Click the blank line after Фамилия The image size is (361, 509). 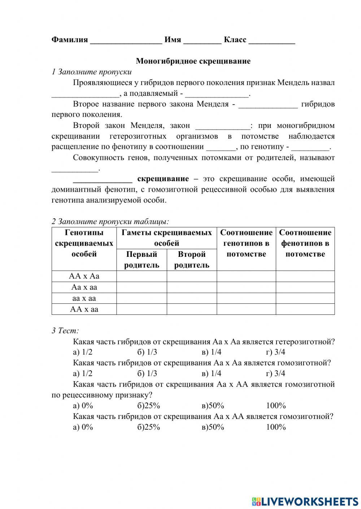pyautogui.click(x=126, y=40)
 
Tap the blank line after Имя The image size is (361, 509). pyautogui.click(x=202, y=40)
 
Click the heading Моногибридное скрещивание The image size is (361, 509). pyautogui.click(x=193, y=61)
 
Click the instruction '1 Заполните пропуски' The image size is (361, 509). pyautogui.click(x=92, y=72)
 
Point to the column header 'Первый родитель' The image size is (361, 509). pyautogui.click(x=142, y=260)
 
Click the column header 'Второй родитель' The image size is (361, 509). pyautogui.click(x=192, y=260)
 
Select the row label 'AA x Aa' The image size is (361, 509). pyautogui.click(x=84, y=276)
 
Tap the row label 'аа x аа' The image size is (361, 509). pyautogui.click(x=84, y=298)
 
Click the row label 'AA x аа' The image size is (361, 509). pyautogui.click(x=84, y=309)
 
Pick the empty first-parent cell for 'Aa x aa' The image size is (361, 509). pyautogui.click(x=142, y=287)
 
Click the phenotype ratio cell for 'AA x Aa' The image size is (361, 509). pyautogui.click(x=305, y=276)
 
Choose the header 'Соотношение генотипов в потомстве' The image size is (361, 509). pyautogui.click(x=246, y=244)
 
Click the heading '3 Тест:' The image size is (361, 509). pyautogui.click(x=65, y=331)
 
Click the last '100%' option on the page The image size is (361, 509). pyautogui.click(x=276, y=427)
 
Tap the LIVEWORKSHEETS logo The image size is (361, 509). pyautogui.click(x=305, y=501)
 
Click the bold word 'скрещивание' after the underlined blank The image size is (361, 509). pyautogui.click(x=163, y=179)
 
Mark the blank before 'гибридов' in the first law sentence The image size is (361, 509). pyautogui.click(x=268, y=104)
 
